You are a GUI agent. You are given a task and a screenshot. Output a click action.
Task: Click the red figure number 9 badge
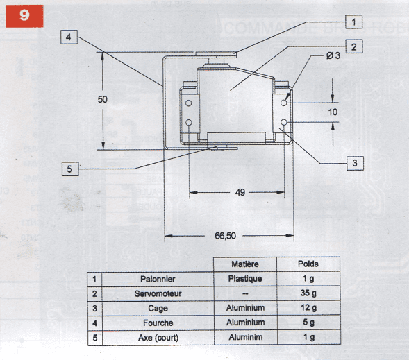click(x=24, y=16)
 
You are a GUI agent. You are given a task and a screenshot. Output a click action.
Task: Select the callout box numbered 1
click(x=353, y=22)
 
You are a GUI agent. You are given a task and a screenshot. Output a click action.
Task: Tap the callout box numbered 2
click(x=353, y=46)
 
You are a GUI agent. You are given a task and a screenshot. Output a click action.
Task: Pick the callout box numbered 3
click(x=355, y=163)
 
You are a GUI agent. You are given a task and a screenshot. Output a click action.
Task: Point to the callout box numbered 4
click(x=69, y=37)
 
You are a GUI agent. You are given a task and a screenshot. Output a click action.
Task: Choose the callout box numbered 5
click(x=70, y=169)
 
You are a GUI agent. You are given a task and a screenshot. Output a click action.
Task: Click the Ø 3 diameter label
click(x=333, y=55)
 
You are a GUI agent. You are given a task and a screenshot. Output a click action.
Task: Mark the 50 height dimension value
click(x=103, y=99)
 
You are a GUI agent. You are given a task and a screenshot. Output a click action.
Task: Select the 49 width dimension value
click(x=240, y=193)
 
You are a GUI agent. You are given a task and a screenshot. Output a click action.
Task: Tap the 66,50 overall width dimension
click(x=225, y=236)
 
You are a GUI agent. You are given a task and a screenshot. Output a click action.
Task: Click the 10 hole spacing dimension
click(x=333, y=112)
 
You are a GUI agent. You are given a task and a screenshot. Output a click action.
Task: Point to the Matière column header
click(x=245, y=264)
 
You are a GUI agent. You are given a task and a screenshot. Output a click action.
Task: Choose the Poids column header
click(x=308, y=264)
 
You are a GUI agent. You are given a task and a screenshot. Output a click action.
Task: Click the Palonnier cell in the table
click(x=158, y=279)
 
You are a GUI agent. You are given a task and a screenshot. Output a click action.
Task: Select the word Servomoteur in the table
click(x=158, y=293)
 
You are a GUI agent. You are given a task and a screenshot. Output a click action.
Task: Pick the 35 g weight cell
click(x=308, y=293)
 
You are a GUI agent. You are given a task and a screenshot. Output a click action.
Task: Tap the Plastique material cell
click(x=245, y=279)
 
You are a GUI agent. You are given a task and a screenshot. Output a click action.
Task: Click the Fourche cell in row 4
click(x=158, y=323)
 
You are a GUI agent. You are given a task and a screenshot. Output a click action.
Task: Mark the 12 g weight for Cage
click(x=308, y=308)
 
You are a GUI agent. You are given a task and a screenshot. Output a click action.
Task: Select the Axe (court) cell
click(x=158, y=338)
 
